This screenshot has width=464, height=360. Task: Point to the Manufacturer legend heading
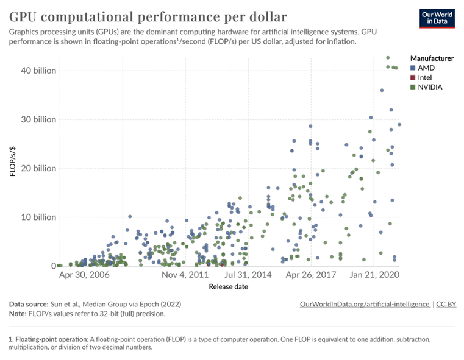pos(432,58)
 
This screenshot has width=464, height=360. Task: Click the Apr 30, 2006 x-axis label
pos(84,275)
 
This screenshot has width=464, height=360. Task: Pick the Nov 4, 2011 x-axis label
pos(185,275)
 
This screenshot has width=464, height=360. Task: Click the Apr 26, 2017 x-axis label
pos(311,275)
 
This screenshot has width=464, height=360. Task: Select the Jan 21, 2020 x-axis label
pos(374,275)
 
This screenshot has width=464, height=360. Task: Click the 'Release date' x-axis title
pos(228,287)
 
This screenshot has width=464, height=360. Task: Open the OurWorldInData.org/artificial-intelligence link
pos(365,303)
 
